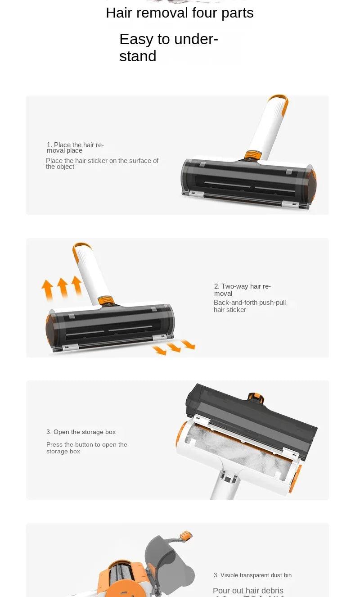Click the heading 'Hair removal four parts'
[x=180, y=13]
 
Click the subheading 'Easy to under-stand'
[x=169, y=47]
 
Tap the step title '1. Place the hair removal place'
[x=75, y=147]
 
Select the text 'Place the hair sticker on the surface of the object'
[x=102, y=163]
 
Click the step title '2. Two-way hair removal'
[x=242, y=289]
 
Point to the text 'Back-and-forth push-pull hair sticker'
[x=250, y=306]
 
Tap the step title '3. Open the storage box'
[x=81, y=432]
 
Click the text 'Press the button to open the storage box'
[x=86, y=448]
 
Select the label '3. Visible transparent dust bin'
[x=252, y=575]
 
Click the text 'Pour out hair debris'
[x=248, y=590]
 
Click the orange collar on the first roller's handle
[x=251, y=155]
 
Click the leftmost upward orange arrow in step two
[x=47, y=289]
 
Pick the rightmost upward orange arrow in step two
[x=77, y=285]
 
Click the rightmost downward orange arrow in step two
[x=188, y=344]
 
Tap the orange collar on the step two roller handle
[x=105, y=301]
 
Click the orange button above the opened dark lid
[x=256, y=397]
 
